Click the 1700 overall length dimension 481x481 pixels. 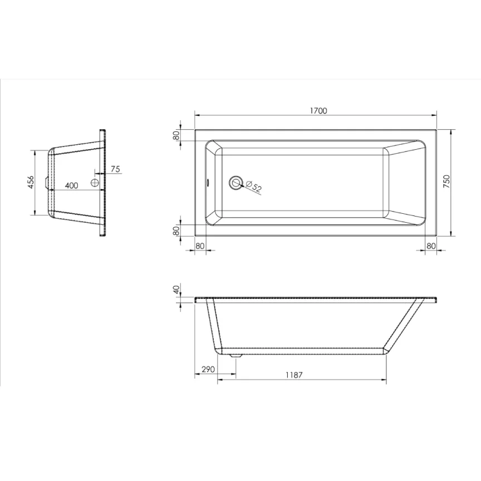318,111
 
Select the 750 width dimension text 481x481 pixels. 446,182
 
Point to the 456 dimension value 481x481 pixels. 32,182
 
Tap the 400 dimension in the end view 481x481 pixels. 71,186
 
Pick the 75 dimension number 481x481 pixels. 116,169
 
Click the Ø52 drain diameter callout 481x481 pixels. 254,186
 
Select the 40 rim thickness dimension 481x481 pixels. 176,289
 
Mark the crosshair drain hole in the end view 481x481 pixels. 95,182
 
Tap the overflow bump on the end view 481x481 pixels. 46,182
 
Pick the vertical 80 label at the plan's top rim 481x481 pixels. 176,134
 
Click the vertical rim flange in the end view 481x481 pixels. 102,182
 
